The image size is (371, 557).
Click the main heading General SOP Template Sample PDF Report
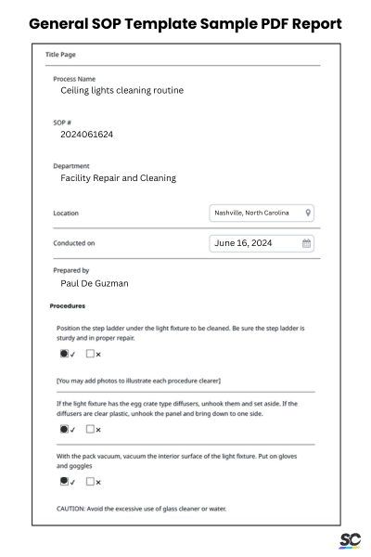185,21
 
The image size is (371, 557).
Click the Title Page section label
60,55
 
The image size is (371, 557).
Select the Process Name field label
75,79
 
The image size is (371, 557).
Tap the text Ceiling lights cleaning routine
122,91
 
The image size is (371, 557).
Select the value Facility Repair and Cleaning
118,177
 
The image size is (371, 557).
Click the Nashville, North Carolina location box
263,213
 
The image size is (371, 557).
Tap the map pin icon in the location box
308,213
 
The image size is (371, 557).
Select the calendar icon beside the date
307,243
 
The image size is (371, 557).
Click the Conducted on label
74,243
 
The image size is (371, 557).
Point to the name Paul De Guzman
95,283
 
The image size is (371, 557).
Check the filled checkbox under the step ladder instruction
63,354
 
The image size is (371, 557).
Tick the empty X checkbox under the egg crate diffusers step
91,430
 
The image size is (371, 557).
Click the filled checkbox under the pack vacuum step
63,481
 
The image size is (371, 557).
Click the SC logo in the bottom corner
350,540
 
